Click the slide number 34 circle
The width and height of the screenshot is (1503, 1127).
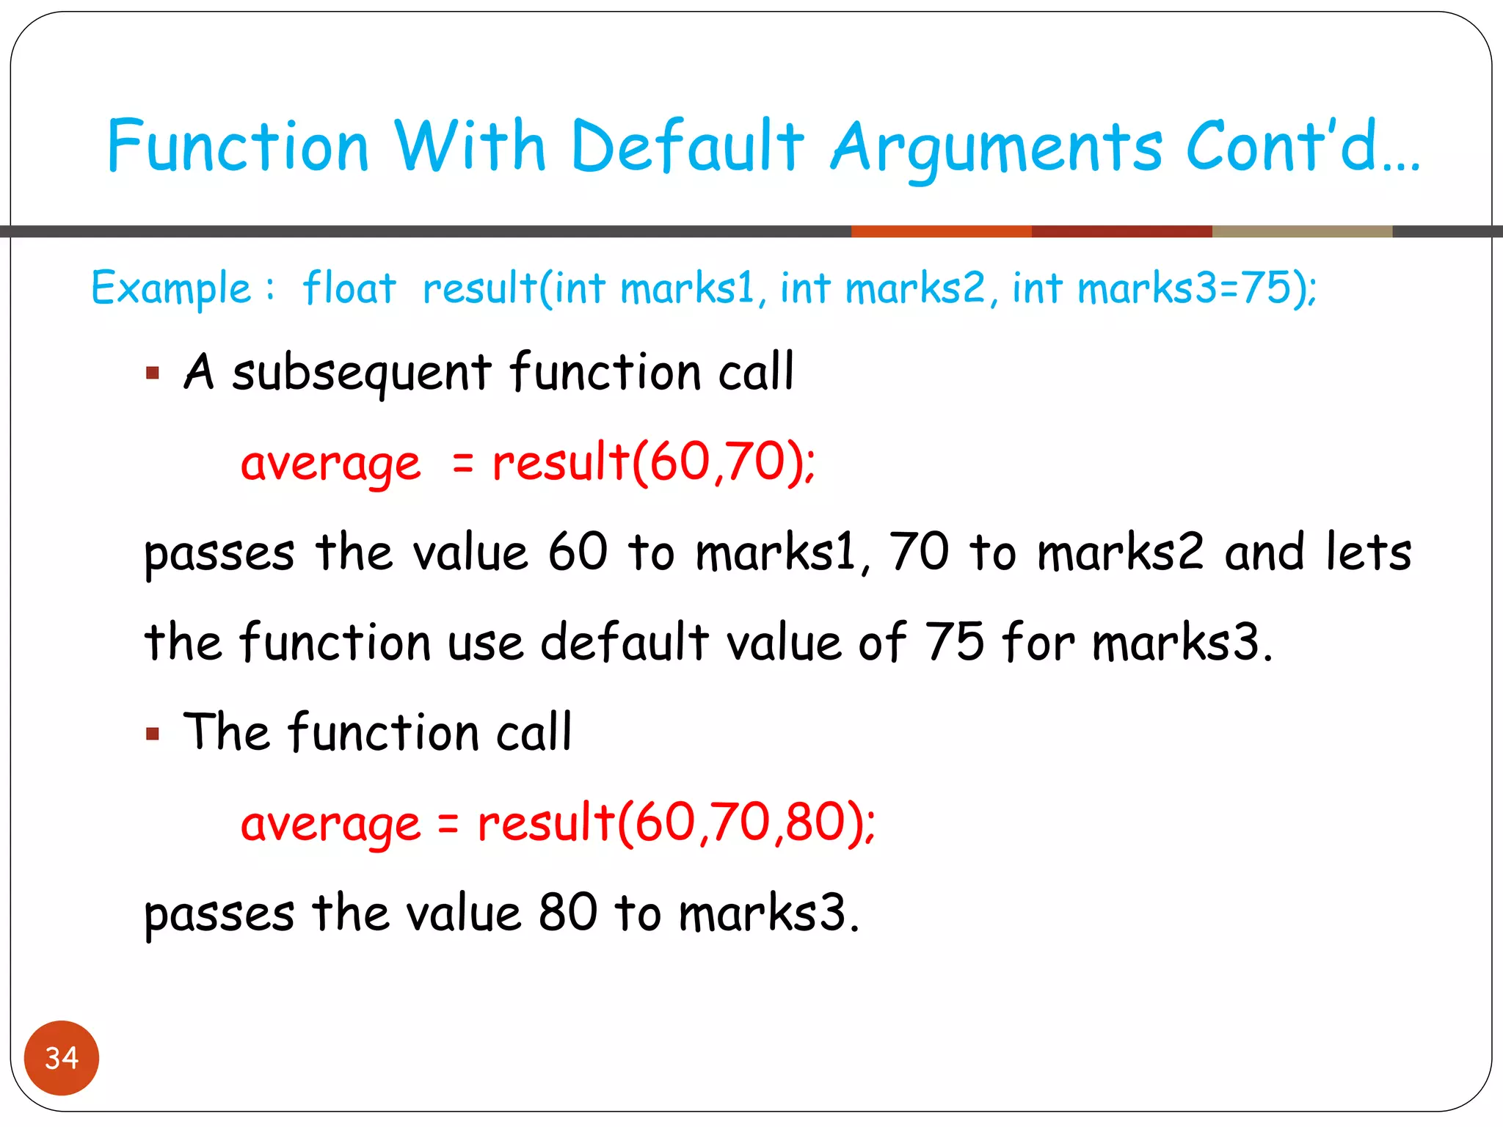point(62,1057)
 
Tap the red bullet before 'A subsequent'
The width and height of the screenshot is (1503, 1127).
point(153,373)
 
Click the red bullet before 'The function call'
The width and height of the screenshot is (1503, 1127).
point(153,734)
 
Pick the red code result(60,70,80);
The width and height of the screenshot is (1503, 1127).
point(676,823)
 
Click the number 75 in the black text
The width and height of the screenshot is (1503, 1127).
point(953,642)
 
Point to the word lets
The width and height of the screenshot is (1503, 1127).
point(1368,552)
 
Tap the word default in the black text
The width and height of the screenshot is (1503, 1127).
point(624,642)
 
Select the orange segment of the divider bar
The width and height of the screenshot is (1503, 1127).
point(941,232)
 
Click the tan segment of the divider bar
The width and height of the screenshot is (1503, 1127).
point(1302,232)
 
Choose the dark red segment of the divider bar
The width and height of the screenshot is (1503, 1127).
point(1121,232)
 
